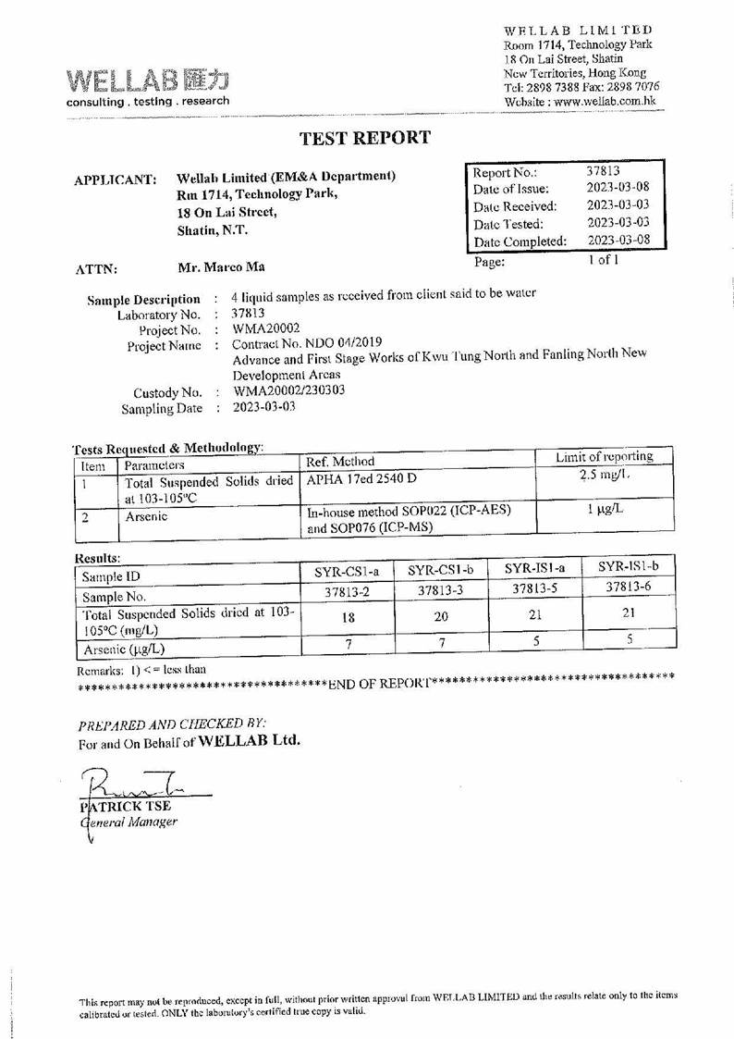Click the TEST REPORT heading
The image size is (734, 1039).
(365, 138)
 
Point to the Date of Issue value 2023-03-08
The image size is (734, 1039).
(618, 188)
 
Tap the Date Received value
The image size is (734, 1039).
(618, 205)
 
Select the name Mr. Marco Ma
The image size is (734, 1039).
(220, 267)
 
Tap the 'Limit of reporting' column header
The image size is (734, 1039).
(604, 456)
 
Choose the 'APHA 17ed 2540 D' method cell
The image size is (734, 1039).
(361, 478)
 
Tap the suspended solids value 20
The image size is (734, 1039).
(440, 616)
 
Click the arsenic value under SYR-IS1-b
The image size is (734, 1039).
(629, 638)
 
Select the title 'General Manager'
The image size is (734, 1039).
(129, 821)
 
